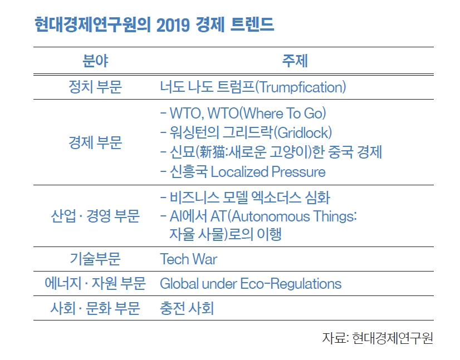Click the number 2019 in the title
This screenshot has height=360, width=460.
(173, 24)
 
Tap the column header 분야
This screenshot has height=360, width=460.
(95, 61)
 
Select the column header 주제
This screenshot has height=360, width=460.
(295, 61)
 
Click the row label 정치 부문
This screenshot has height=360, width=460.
(95, 87)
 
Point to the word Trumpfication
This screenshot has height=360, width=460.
(301, 87)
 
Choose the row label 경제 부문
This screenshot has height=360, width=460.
(95, 142)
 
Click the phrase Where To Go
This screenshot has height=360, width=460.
(282, 113)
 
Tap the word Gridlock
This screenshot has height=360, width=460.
(303, 132)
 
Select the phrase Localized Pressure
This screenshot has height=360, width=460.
(268, 172)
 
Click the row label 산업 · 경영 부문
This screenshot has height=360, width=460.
(95, 216)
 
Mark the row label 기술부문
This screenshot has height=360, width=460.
(95, 259)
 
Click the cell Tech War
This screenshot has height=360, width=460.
(188, 259)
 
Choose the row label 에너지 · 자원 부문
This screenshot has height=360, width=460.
(95, 283)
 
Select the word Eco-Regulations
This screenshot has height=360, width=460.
(291, 283)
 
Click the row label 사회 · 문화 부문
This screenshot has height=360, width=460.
(95, 308)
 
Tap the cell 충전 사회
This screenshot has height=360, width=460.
(187, 308)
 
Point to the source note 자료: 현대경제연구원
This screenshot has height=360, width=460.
(378, 338)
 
